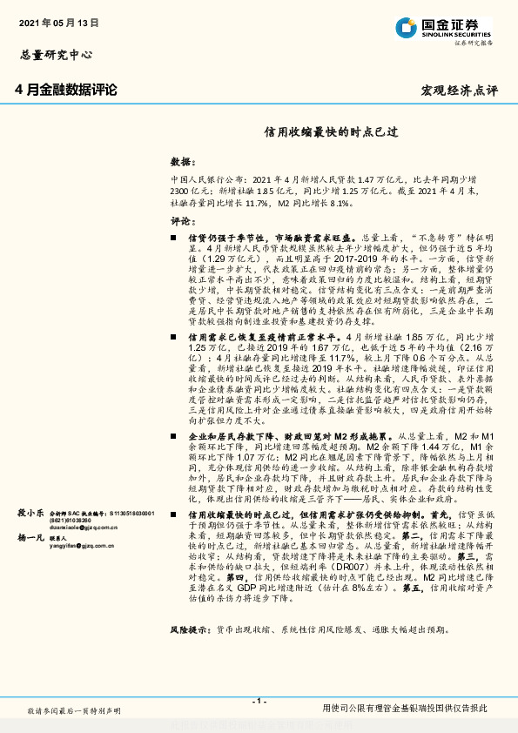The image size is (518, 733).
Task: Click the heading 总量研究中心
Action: [x=56, y=55]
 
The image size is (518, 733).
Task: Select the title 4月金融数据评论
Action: [x=65, y=90]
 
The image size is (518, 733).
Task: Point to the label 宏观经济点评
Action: [x=460, y=91]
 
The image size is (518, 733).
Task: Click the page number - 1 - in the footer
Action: [x=259, y=702]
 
